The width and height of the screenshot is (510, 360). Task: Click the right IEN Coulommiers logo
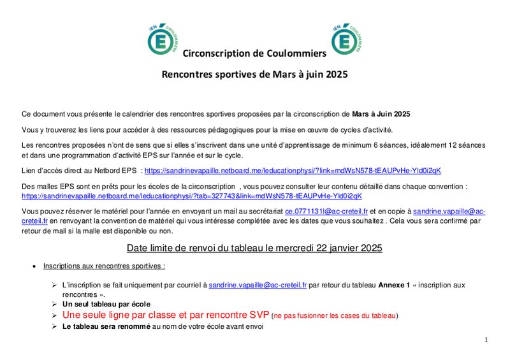(x=347, y=38)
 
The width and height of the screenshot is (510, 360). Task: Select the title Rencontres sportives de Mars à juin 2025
(x=254, y=75)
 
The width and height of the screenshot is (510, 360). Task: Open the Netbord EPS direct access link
(x=293, y=171)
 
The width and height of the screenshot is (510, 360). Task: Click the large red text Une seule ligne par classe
(x=166, y=315)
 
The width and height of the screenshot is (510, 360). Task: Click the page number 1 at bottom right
(x=486, y=340)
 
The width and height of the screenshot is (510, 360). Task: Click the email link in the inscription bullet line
(x=258, y=285)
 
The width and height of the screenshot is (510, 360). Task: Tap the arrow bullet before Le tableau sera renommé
(x=55, y=326)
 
